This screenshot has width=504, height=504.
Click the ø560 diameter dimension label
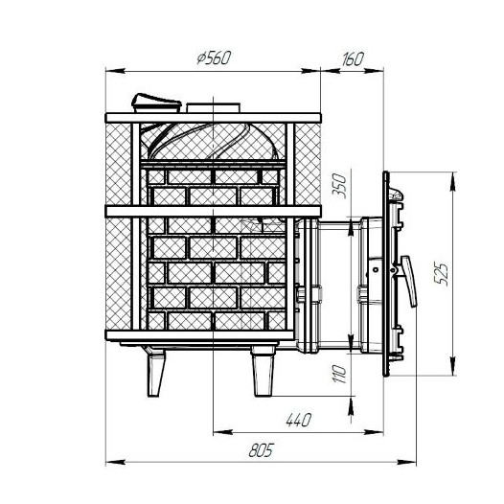214,58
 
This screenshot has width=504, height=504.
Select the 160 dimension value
353,58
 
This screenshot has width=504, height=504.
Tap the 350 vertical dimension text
339,186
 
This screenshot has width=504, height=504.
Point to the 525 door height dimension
441,274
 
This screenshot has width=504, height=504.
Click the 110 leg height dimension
339,374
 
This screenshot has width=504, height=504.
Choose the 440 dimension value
299,420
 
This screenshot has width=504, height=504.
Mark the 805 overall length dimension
261,450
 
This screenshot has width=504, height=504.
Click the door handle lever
409,282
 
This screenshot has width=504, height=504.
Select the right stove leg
263,371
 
